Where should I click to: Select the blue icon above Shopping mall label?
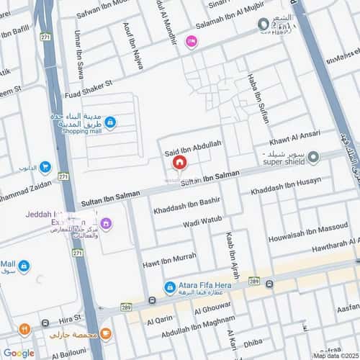(109, 122)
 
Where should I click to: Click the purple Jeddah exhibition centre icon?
(107, 223)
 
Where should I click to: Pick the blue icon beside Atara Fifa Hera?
(170, 287)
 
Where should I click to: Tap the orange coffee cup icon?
(105, 333)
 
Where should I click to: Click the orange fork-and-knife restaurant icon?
(24, 329)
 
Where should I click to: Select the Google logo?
(19, 353)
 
